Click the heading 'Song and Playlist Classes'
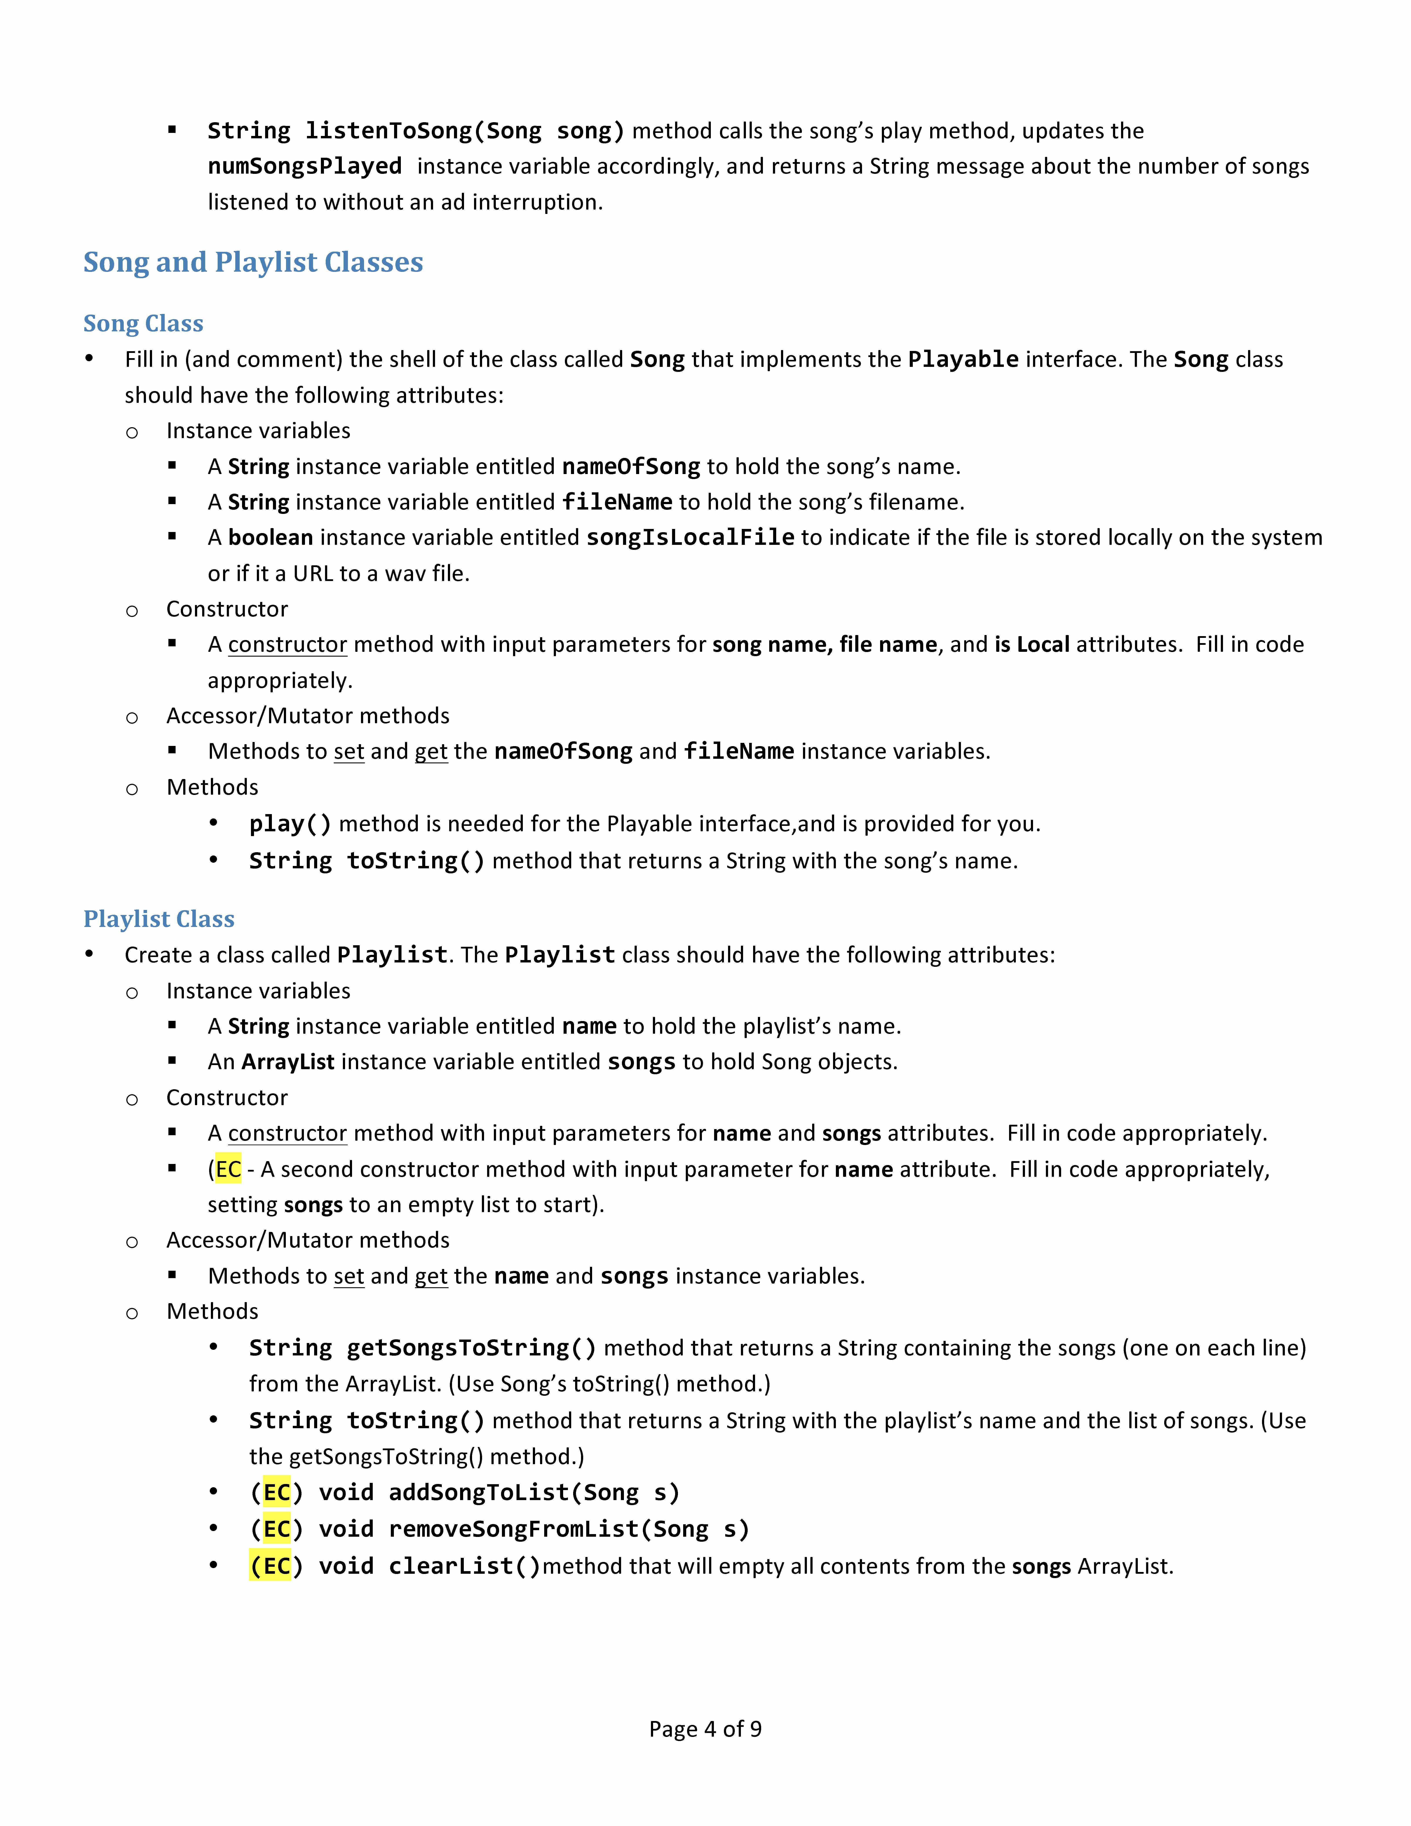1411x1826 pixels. click(253, 263)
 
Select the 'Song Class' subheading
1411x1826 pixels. click(143, 324)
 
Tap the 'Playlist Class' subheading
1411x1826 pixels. click(159, 919)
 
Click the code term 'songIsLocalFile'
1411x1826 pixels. click(690, 538)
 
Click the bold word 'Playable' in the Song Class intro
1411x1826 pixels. click(963, 359)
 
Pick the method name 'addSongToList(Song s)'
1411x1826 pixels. click(534, 1492)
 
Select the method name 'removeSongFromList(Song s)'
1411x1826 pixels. click(568, 1529)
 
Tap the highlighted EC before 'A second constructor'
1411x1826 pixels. click(228, 1169)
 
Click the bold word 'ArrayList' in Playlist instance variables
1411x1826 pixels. click(288, 1062)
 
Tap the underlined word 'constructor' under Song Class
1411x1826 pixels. click(288, 645)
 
